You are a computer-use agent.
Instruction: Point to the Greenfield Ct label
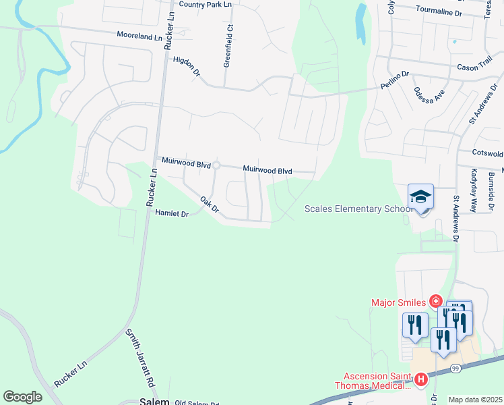point(228,45)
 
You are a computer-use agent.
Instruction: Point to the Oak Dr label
point(210,205)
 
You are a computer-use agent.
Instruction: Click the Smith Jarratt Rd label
point(140,358)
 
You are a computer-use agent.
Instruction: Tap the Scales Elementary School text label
point(358,209)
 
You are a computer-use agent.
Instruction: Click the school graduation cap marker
point(421,196)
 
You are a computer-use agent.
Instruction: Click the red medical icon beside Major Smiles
point(436,301)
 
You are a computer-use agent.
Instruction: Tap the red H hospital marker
point(421,379)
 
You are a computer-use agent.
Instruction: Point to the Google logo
point(22,397)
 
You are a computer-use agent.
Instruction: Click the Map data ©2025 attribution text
point(476,400)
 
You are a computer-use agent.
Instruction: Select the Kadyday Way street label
point(474,191)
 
